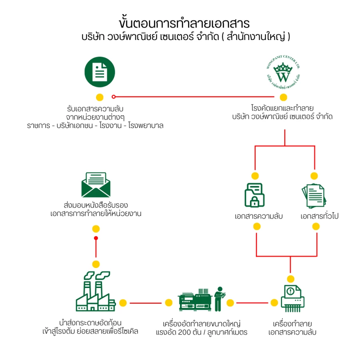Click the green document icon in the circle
100,72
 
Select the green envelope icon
96,185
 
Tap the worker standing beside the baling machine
218,298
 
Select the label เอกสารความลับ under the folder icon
258,216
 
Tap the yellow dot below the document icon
100,97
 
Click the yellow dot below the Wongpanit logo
283,97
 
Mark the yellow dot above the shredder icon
291,279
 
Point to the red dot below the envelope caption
96,238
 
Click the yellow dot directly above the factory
96,264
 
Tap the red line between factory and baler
145,303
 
